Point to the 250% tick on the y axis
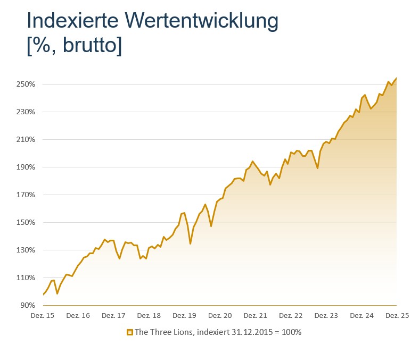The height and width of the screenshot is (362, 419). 26,84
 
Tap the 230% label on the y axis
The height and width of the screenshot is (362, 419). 26,112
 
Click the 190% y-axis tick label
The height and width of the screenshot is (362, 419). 26,167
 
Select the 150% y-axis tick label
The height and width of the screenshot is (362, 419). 26,222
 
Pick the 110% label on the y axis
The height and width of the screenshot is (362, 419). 26,277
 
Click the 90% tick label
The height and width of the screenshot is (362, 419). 28,305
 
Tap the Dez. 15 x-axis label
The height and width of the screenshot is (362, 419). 43,315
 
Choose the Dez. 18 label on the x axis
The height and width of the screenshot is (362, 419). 149,315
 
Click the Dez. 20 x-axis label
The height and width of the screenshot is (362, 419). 220,315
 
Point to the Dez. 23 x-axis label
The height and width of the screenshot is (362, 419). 326,315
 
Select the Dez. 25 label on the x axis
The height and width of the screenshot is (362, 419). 397,315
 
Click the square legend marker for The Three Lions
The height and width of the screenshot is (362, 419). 129,332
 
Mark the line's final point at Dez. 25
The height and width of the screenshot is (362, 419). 397,78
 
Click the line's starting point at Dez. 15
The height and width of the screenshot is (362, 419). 43,294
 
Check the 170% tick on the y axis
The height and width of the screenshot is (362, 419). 26,195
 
